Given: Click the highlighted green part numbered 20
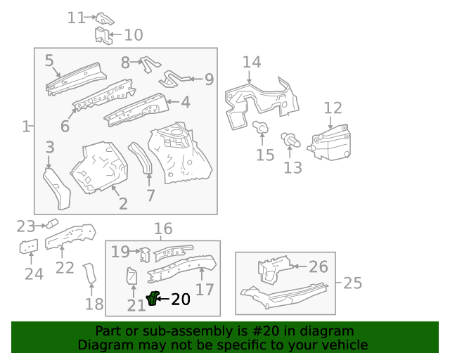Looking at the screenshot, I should click(x=153, y=300).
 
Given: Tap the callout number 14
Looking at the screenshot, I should click(x=252, y=63).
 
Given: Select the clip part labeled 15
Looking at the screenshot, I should click(x=260, y=128).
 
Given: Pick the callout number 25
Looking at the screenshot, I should click(x=353, y=283).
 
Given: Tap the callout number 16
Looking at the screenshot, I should click(x=162, y=229).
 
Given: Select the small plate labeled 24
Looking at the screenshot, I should click(x=28, y=247).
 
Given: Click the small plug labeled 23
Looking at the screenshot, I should click(x=51, y=223).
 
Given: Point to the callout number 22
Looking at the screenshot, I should click(x=65, y=267).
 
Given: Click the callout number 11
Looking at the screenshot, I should click(x=76, y=18).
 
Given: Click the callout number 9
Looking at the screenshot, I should click(x=209, y=79).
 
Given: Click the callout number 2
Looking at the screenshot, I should click(x=123, y=204).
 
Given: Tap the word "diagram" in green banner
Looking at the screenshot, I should click(x=326, y=331).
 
